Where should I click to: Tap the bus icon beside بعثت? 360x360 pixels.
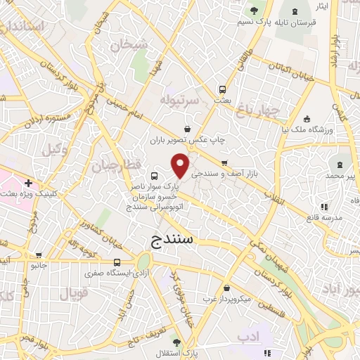(223, 89)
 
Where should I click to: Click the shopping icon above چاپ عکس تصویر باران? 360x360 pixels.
(187, 129)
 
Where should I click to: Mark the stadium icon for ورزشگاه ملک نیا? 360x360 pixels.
(306, 118)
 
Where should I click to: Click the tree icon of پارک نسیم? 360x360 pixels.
(253, 10)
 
